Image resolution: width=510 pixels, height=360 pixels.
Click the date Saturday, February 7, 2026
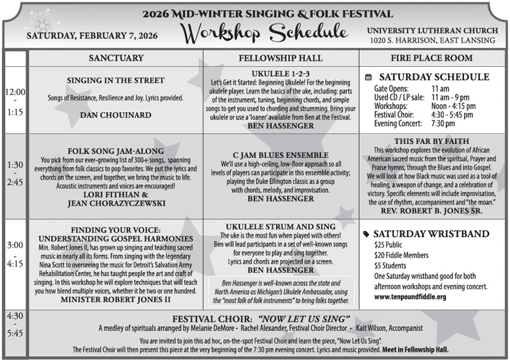(x=92, y=35)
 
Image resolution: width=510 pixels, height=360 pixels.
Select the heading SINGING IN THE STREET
(x=115, y=80)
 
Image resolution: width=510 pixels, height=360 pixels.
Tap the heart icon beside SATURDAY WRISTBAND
(x=366, y=233)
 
